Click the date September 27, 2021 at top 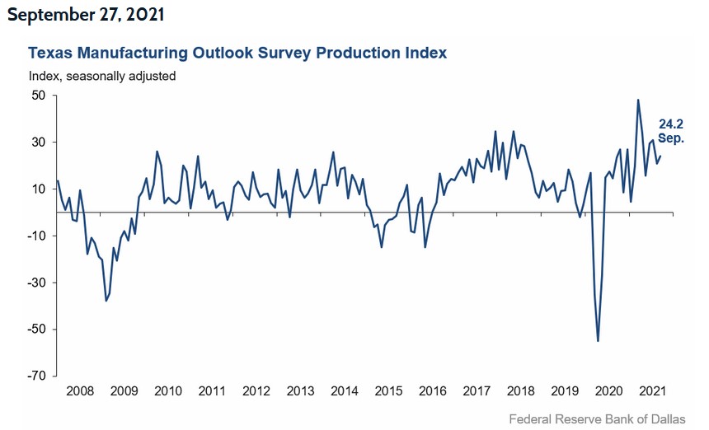coord(88,15)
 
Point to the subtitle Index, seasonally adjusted coord(102,76)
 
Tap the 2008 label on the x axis coord(78,391)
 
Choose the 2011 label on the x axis coord(213,391)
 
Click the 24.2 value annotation coord(670,124)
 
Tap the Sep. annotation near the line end coord(670,138)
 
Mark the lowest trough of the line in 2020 coord(598,340)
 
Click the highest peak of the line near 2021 coord(638,100)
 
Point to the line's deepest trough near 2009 coord(106,301)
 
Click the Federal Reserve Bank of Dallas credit coord(596,419)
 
